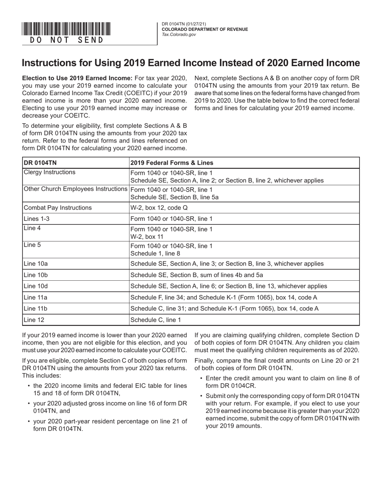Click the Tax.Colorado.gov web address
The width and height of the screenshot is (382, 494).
[x=179, y=35]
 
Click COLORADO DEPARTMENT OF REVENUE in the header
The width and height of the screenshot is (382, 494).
[x=205, y=29]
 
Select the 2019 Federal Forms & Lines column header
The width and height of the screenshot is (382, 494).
[x=171, y=163]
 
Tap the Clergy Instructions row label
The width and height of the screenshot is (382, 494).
[x=49, y=172]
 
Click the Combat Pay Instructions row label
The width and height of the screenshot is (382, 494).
[x=58, y=208]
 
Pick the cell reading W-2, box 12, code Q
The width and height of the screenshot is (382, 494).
[x=158, y=208]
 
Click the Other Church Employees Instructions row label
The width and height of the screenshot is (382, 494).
[x=75, y=189]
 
